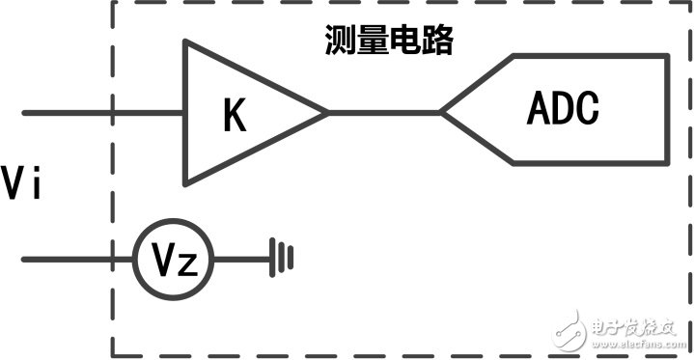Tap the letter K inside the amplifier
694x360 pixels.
(235, 116)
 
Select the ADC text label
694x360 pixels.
(563, 109)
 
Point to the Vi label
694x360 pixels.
(21, 183)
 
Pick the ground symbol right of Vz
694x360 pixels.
(282, 259)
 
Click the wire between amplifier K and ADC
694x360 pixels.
(383, 113)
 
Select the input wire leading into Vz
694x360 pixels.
(77, 260)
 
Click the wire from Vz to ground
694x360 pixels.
(241, 260)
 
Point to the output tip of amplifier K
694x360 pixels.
(326, 113)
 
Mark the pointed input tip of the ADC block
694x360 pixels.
(443, 113)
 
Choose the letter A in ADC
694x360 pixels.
(538, 109)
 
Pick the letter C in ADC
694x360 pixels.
(588, 109)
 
